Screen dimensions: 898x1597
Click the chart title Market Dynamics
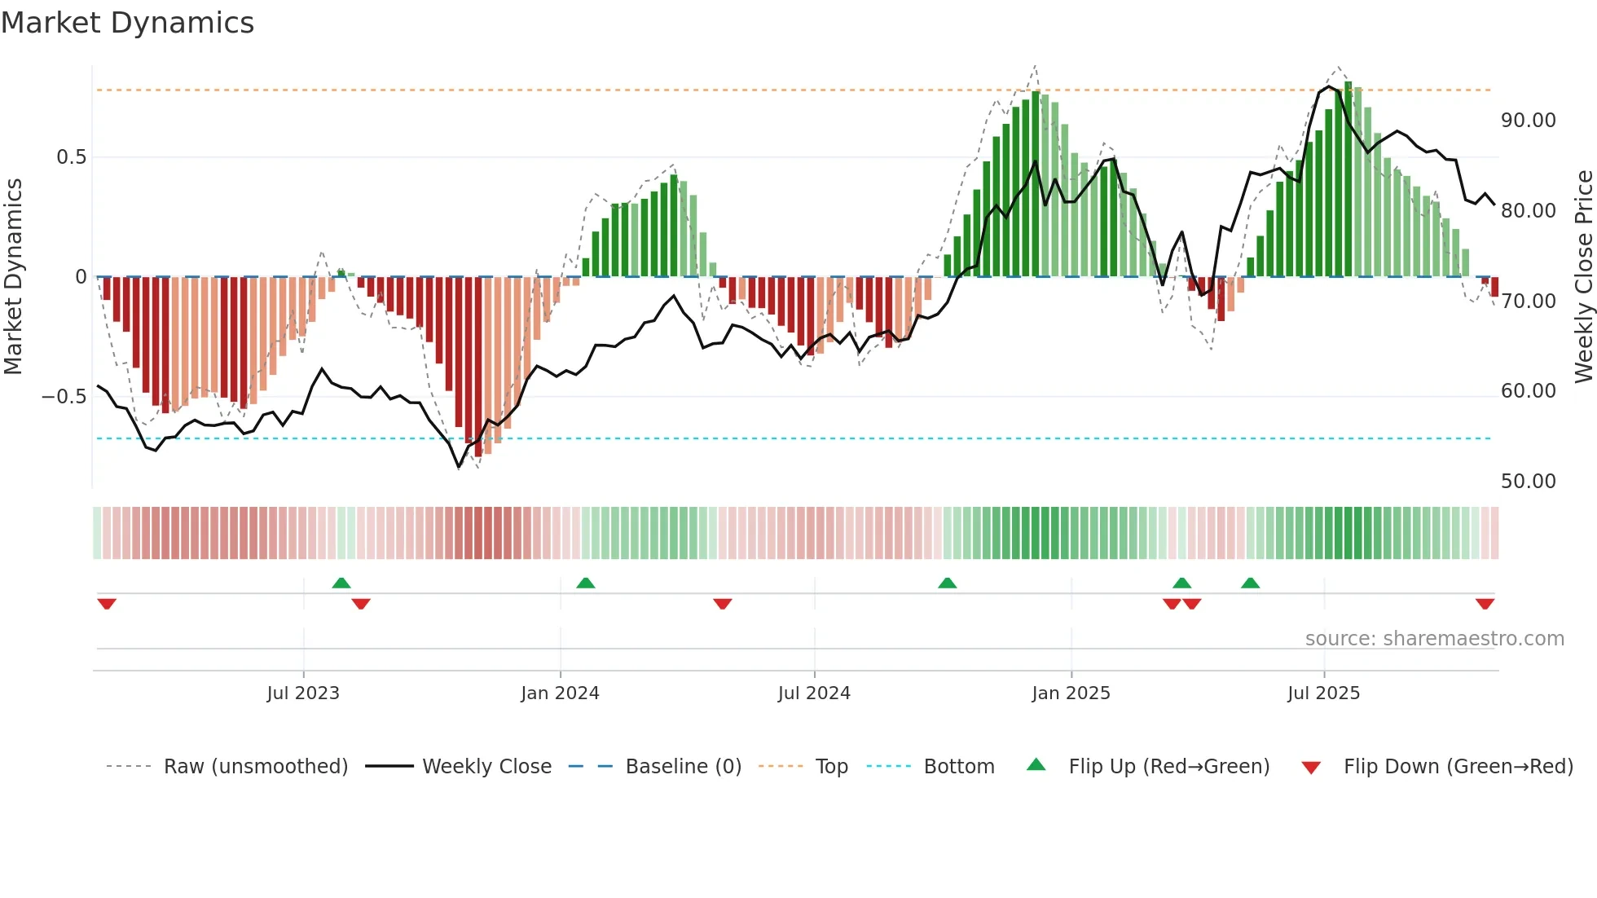(127, 23)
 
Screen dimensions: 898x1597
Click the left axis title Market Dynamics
(13, 277)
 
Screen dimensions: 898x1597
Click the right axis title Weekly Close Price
(1583, 277)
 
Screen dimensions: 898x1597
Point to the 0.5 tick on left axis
(71, 157)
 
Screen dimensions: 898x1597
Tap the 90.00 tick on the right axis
(1528, 121)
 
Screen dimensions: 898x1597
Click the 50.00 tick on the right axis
(1528, 482)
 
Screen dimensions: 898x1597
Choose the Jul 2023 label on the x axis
(303, 693)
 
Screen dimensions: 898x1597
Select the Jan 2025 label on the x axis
(1071, 693)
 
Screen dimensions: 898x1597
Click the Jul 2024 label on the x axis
(814, 693)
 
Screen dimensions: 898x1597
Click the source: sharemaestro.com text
(1434, 639)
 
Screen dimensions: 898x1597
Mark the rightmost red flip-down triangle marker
(1485, 604)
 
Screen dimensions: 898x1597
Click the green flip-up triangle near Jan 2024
(585, 583)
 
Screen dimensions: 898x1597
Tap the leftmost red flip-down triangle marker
(107, 604)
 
